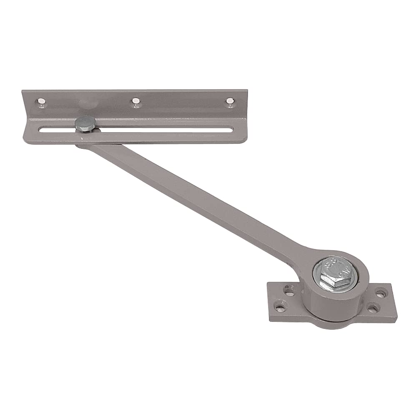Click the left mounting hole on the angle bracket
(x=41, y=101)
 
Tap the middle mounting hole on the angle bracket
(x=135, y=100)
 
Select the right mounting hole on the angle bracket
(x=229, y=100)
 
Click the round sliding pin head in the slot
(x=85, y=123)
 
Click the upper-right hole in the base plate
(x=380, y=294)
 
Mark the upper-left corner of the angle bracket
(x=23, y=90)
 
